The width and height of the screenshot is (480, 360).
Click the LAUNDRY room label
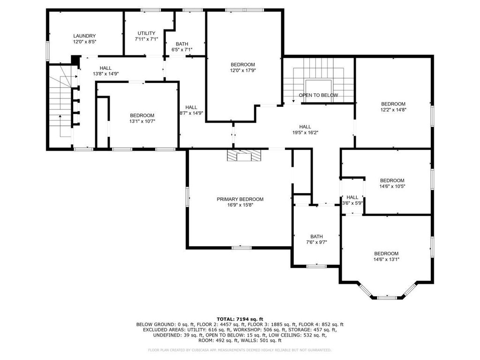point(84,36)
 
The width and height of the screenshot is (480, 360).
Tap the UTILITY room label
point(146,33)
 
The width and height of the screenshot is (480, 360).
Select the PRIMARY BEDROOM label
point(240,199)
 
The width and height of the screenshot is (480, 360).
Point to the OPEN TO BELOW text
point(318,95)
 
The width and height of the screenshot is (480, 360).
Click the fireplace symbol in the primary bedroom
point(244,155)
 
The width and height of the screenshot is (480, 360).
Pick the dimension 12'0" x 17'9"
point(243,70)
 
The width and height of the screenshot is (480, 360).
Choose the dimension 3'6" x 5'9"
point(352,203)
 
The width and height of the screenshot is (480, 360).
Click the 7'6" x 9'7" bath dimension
point(316,242)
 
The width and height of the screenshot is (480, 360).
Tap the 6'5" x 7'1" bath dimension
point(182,50)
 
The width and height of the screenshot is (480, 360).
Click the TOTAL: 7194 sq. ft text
point(240,319)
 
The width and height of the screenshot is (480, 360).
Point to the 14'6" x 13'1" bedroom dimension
point(386,259)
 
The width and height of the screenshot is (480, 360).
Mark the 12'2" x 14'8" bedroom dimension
point(393,110)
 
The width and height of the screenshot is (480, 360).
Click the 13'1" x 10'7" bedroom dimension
point(142,121)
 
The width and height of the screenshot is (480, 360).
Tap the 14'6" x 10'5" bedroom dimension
point(392,186)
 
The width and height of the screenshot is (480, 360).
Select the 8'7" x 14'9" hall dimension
point(191,113)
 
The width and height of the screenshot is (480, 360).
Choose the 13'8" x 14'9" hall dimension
point(105,74)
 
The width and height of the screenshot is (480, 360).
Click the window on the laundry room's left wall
point(48,50)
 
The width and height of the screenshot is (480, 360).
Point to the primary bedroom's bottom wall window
point(241,247)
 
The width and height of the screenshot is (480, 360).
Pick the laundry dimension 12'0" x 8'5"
point(84,42)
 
